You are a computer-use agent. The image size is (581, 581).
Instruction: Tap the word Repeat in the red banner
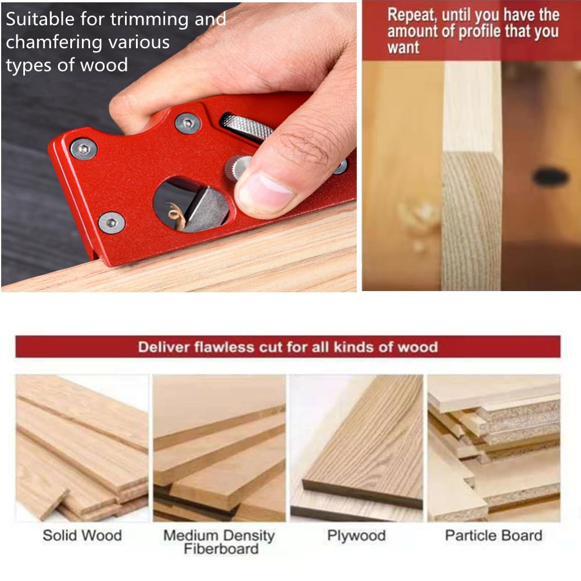pyautogui.click(x=411, y=15)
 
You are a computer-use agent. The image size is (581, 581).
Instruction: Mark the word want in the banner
pyautogui.click(x=403, y=48)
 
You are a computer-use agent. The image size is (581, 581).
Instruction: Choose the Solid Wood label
pyautogui.click(x=82, y=536)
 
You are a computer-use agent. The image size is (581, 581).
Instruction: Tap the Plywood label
pyautogui.click(x=356, y=536)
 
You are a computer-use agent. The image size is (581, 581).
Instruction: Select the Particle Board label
pyautogui.click(x=493, y=536)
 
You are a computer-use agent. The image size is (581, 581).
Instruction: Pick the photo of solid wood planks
pyautogui.click(x=82, y=447)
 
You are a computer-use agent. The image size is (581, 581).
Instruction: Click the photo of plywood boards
pyautogui.click(x=356, y=447)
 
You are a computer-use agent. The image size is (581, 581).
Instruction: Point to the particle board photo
pyautogui.click(x=493, y=447)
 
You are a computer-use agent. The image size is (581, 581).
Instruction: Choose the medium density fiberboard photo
pyautogui.click(x=219, y=447)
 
